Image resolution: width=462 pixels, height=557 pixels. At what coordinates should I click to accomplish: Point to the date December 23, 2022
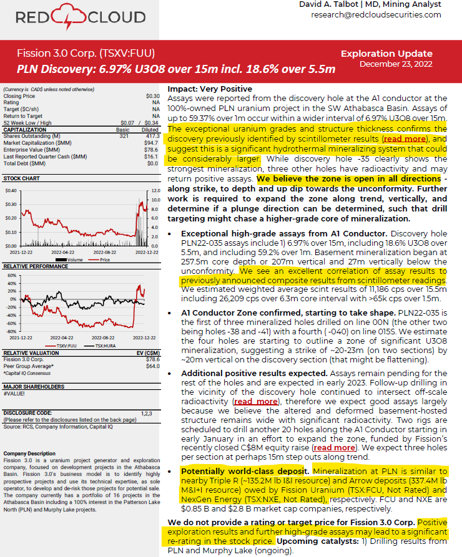(396, 64)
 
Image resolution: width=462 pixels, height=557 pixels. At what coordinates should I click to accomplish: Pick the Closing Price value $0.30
(152, 96)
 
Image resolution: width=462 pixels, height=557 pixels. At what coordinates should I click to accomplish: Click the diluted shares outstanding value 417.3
(152, 136)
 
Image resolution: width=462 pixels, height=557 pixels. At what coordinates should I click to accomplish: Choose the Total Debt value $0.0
(152, 163)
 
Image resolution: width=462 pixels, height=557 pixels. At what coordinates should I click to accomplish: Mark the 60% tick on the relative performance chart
(11, 274)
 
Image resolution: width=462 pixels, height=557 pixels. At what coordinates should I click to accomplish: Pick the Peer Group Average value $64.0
(152, 366)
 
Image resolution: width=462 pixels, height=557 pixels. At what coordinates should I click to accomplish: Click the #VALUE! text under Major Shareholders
(13, 394)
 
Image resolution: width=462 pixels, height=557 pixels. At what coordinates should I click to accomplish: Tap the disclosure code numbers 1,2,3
(146, 413)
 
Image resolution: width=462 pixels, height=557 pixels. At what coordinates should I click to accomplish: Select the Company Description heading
(29, 453)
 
